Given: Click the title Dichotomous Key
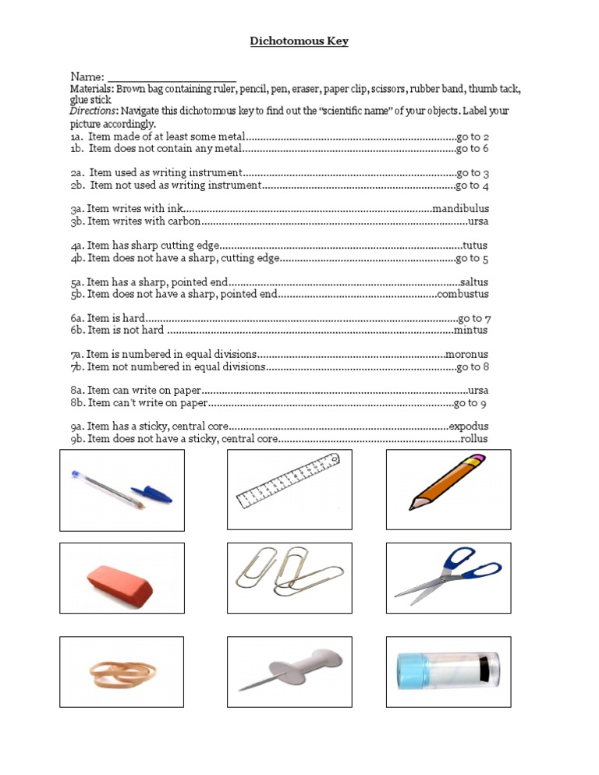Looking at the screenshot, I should click(299, 41).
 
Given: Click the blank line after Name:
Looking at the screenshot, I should click(172, 78).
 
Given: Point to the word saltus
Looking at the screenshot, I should click(474, 282).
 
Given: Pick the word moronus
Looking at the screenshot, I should click(466, 355).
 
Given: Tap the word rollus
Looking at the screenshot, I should click(473, 439).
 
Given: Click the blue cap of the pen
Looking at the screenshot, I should click(152, 494).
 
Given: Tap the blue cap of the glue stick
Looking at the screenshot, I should click(409, 671).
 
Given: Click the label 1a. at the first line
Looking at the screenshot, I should click(76, 137).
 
